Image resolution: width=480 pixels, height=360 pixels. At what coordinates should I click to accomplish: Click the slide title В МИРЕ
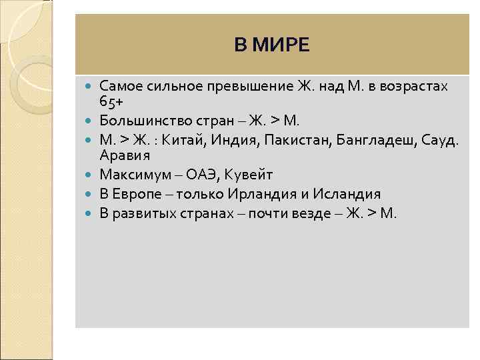click(272, 45)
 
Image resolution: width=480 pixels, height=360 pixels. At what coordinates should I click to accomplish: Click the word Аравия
click(125, 155)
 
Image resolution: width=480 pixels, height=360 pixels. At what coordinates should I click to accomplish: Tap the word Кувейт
click(247, 175)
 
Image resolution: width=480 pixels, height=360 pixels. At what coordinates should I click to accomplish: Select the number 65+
click(112, 101)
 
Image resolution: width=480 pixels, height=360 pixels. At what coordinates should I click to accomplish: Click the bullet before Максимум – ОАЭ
click(89, 175)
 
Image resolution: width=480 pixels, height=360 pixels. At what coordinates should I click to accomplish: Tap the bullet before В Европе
click(89, 195)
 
